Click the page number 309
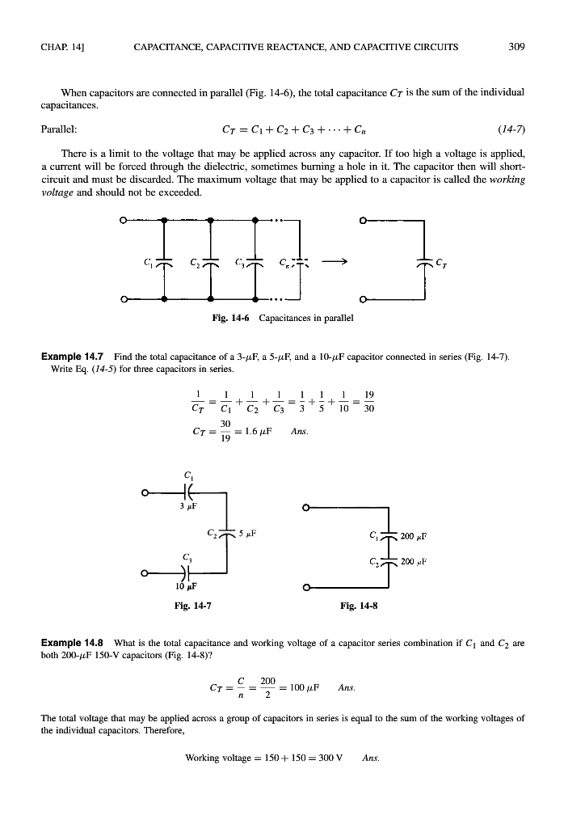(x=517, y=46)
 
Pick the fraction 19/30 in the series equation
(x=369, y=401)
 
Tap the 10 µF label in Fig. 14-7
(x=187, y=585)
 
